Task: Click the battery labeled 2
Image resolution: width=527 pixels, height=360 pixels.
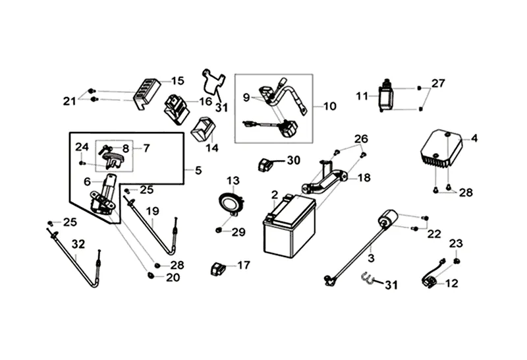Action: click(289, 226)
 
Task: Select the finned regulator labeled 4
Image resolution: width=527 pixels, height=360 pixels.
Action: click(441, 148)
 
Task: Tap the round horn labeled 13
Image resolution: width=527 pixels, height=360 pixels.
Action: click(231, 203)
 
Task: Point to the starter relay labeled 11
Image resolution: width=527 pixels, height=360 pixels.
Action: click(386, 96)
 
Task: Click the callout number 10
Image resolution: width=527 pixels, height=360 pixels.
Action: click(330, 106)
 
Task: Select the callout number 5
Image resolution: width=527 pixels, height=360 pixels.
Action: click(198, 171)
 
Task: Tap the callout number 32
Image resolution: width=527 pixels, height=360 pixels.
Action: click(78, 244)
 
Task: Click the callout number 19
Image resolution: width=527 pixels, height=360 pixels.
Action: click(152, 211)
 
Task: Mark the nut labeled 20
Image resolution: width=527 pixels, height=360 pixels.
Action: click(150, 275)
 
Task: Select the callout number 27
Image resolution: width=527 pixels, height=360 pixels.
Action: click(438, 83)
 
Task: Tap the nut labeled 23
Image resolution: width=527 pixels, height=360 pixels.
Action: click(456, 261)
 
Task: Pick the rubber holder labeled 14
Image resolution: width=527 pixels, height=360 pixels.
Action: click(203, 130)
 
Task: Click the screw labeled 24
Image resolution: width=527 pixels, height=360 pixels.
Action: click(81, 163)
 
